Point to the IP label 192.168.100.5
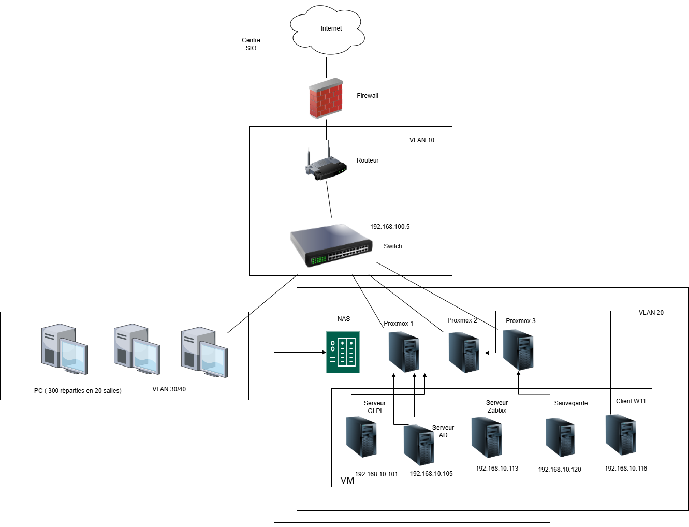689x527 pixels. click(x=390, y=227)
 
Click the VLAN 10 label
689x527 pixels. click(x=422, y=140)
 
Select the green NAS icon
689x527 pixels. click(x=343, y=352)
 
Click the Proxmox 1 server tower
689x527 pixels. click(x=404, y=352)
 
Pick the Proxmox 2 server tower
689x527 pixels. click(x=464, y=353)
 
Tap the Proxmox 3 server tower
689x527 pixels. click(x=519, y=350)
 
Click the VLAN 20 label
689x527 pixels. click(x=651, y=313)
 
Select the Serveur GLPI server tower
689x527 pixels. click(x=361, y=437)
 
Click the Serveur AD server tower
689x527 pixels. click(x=419, y=445)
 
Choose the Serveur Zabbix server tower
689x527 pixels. click(x=487, y=437)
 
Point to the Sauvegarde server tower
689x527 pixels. click(x=560, y=437)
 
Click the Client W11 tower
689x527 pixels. click(x=621, y=435)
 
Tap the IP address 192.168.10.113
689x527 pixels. click(x=497, y=469)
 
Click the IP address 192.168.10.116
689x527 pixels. click(x=626, y=469)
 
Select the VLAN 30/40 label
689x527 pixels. click(x=169, y=389)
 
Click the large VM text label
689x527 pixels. click(x=347, y=480)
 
